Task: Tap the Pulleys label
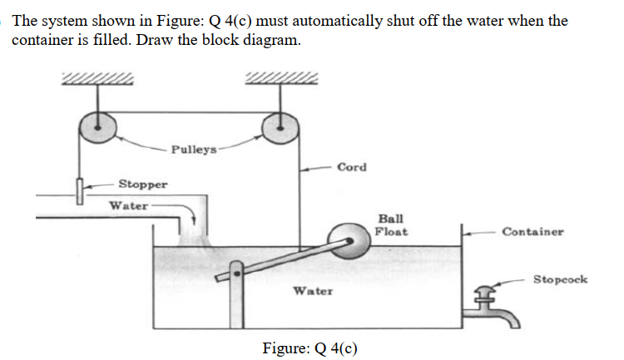194,150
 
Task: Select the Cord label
352,167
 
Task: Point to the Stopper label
142,184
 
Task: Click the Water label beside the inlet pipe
129,205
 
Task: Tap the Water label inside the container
313,291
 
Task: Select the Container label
532,232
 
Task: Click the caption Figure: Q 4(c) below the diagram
310,348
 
